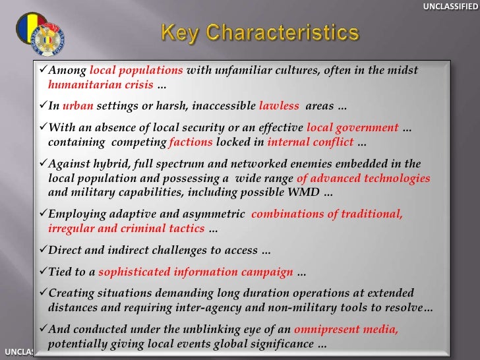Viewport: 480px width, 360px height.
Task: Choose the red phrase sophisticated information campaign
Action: coord(195,272)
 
